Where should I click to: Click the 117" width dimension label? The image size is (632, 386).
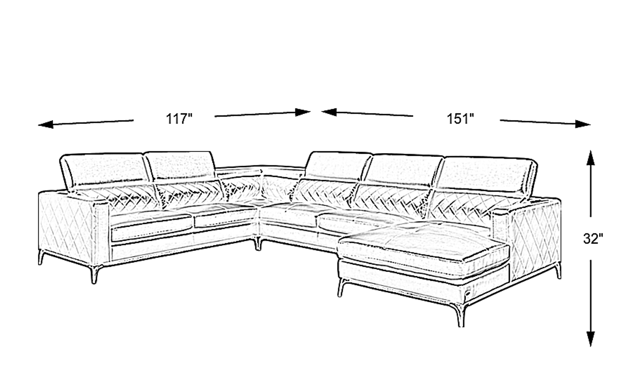point(179,119)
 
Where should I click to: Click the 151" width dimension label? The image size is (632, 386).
point(460,119)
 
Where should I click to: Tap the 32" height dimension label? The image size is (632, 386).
point(592,239)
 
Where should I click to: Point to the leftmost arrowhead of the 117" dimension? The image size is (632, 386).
point(46,124)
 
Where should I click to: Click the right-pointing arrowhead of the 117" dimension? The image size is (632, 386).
point(303,112)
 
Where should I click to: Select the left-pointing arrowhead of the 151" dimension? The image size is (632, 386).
point(329,112)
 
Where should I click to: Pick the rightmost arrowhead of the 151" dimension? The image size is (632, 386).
point(583,124)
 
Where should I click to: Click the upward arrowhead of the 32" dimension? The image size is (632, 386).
point(591,158)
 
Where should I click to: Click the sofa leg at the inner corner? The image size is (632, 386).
point(258,244)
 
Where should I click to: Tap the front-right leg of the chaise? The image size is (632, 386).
point(460,315)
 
